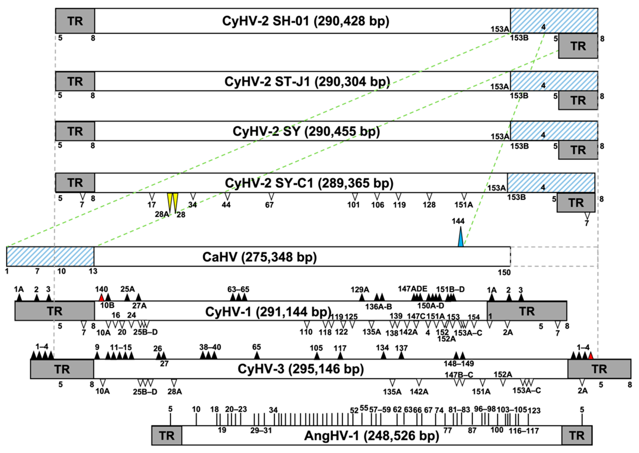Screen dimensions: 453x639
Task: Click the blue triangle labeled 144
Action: (461, 238)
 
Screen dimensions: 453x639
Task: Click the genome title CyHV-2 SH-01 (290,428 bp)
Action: (305, 21)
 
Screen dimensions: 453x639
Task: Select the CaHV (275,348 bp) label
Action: (259, 257)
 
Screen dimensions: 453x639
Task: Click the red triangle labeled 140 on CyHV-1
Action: (102, 298)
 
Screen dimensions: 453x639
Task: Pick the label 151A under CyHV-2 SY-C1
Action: (463, 205)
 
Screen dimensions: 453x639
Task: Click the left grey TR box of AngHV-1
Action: (167, 436)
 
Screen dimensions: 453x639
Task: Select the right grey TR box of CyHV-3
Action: (599, 369)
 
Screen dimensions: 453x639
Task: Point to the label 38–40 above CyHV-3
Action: (210, 347)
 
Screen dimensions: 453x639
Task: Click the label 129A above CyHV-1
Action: (360, 290)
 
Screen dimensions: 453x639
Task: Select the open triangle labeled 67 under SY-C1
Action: (271, 196)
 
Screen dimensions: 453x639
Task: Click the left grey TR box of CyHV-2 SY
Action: (75, 131)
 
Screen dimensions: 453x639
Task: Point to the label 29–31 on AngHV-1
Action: (261, 430)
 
